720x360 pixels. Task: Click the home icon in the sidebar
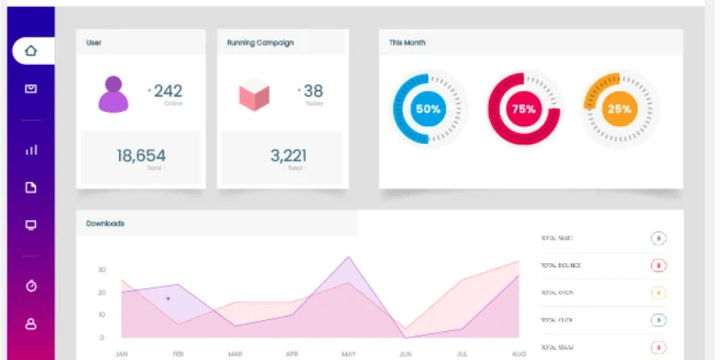[31, 51]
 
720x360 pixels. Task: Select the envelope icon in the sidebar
[31, 89]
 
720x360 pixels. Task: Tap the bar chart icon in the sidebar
[31, 149]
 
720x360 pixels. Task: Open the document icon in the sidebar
[31, 188]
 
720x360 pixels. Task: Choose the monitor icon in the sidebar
[31, 225]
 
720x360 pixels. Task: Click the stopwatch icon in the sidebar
[31, 286]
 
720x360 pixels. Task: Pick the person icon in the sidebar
[31, 324]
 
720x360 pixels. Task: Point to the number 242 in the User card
[168, 91]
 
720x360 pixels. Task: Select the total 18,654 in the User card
[141, 156]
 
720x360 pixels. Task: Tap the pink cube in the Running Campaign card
[254, 94]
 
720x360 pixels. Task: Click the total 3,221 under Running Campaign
[289, 156]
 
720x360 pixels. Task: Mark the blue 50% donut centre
[428, 109]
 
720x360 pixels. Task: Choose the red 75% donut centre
[524, 109]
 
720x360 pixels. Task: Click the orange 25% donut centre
[619, 109]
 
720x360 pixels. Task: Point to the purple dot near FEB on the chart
[168, 298]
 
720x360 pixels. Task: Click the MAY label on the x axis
[349, 354]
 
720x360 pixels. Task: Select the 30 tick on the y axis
[102, 270]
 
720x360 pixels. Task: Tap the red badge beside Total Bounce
[659, 265]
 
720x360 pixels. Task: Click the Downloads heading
[106, 223]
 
